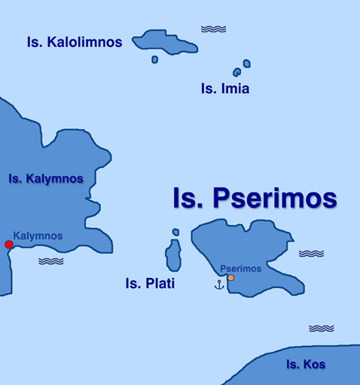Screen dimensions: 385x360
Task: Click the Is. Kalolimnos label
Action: (x=74, y=42)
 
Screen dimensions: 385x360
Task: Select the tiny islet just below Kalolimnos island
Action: (x=155, y=59)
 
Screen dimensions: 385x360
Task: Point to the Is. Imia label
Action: (x=225, y=89)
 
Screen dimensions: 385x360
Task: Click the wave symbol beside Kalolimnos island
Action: (x=214, y=29)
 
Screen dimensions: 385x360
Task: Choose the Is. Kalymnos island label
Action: (x=45, y=179)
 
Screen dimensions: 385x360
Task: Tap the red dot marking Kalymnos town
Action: (x=9, y=245)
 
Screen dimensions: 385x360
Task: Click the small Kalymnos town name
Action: (x=38, y=236)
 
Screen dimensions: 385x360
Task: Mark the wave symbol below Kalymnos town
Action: (x=51, y=261)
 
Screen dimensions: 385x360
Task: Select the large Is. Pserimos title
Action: (x=254, y=198)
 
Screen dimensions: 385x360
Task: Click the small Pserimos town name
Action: (x=241, y=269)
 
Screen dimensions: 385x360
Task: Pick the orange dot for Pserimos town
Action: (x=230, y=278)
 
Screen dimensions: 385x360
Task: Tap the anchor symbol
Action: (x=219, y=286)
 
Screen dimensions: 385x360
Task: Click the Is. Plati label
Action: (x=150, y=284)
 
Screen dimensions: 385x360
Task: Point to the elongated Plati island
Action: (x=174, y=255)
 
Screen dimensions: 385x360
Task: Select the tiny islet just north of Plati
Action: (x=176, y=232)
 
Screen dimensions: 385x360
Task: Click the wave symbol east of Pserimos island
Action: (x=311, y=253)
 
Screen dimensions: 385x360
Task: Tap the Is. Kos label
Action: (x=305, y=364)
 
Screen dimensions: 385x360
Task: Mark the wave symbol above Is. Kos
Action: (x=321, y=328)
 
